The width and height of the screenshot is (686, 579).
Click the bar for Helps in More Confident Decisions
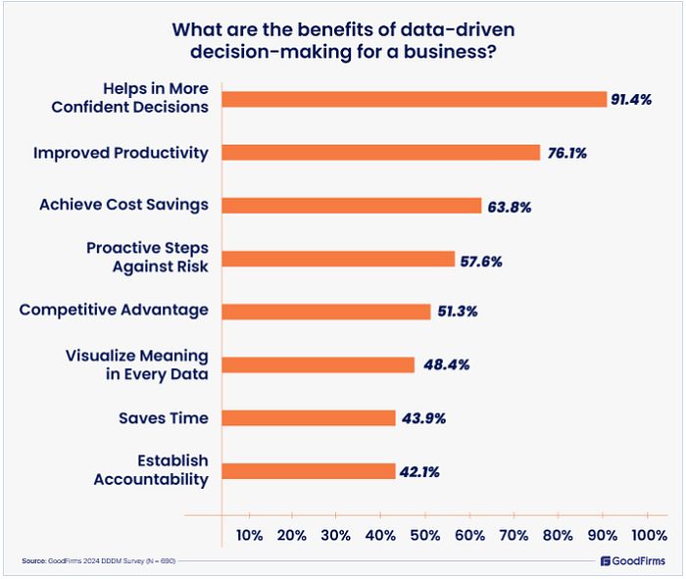point(414,99)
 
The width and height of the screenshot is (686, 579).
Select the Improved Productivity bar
point(380,152)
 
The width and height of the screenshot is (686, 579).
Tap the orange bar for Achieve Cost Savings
point(351,206)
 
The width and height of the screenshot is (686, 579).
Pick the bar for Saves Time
point(308,418)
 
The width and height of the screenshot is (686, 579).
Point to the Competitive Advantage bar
point(325,312)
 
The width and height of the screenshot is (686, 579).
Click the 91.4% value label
point(632,100)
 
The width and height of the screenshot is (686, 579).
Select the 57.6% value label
point(481,260)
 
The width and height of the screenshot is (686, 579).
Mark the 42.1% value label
point(419,472)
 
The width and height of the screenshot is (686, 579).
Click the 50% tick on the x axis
point(425,535)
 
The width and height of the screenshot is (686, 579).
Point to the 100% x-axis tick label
point(649,535)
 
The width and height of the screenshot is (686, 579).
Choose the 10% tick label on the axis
point(249,535)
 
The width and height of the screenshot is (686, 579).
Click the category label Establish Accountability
point(150,470)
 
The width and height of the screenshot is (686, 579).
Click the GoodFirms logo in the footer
point(632,561)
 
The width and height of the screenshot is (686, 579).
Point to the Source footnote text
point(98,561)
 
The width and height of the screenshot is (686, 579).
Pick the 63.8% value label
point(509,206)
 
